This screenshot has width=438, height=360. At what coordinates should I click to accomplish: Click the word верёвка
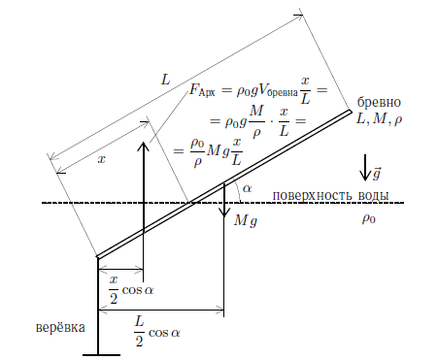[60, 327]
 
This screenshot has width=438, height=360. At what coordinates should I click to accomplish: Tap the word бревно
[379, 102]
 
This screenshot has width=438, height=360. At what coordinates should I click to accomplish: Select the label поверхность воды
[330, 196]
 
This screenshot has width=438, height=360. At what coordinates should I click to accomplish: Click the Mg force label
[246, 221]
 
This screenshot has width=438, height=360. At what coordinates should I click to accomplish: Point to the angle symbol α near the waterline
[247, 188]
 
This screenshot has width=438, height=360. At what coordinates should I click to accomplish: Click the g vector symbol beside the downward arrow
[376, 174]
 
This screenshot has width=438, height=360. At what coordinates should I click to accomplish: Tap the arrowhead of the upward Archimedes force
[143, 146]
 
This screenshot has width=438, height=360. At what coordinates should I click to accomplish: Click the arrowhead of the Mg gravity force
[224, 213]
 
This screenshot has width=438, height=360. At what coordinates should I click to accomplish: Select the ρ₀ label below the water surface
[369, 219]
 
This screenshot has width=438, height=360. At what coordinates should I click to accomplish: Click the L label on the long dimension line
[165, 80]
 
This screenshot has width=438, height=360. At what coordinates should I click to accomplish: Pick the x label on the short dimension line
[102, 159]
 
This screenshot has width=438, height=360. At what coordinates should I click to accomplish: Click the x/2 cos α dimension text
[131, 290]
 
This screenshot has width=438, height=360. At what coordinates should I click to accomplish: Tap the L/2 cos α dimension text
[157, 332]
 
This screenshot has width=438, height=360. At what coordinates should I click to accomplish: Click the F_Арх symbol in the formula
[202, 89]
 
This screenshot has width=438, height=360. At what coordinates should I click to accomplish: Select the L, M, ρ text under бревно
[379, 119]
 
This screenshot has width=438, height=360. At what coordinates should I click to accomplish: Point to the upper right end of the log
[351, 111]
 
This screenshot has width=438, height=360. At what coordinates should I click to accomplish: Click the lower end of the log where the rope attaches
[98, 257]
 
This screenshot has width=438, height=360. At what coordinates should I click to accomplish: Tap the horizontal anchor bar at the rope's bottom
[101, 355]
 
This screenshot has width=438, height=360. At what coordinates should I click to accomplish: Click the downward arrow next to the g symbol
[365, 167]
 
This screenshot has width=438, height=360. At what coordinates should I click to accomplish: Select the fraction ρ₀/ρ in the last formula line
[197, 152]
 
